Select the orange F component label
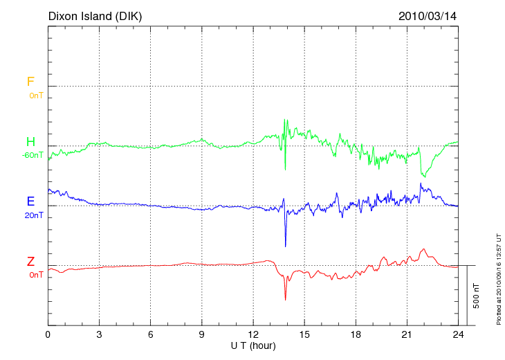[30, 82]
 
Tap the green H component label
[30, 142]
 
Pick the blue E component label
[30, 201]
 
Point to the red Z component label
[30, 261]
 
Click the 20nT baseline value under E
[33, 215]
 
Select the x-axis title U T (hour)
[253, 345]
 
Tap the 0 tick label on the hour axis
[48, 334]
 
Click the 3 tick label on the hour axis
[99, 334]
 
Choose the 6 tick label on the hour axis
[150, 334]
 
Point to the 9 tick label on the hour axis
[202, 334]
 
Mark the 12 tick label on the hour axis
[253, 334]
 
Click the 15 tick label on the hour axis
[304, 334]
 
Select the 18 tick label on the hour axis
[356, 334]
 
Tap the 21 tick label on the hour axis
[407, 334]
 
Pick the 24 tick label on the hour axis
[458, 334]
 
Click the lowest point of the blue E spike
[285, 246]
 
